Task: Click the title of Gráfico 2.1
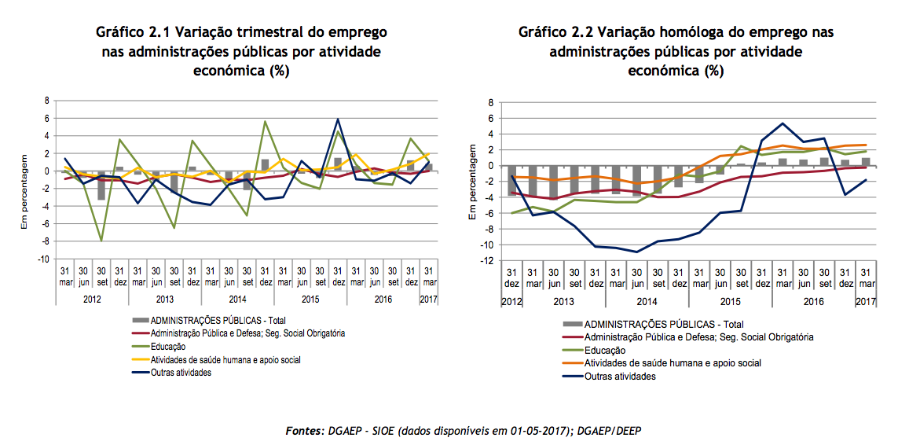241,52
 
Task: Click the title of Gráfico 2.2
676,52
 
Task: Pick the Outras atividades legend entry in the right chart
621,376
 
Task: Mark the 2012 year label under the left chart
92,299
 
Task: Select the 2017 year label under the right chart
866,302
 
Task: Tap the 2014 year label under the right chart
647,302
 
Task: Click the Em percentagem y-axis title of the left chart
25,190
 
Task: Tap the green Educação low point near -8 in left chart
101,241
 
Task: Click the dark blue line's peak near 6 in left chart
338,120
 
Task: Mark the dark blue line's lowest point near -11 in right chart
636,252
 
